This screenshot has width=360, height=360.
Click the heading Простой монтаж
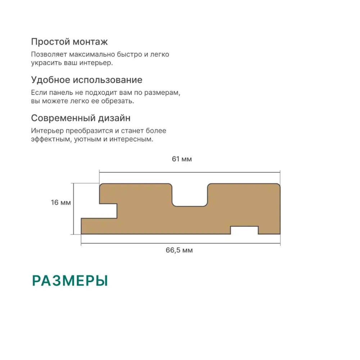[69, 42]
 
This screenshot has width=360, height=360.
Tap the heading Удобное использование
[87, 80]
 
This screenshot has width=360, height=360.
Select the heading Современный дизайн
[81, 118]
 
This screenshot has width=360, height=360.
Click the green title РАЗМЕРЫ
[70, 280]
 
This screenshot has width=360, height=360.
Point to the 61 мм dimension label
[182, 159]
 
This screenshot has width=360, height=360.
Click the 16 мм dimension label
[61, 202]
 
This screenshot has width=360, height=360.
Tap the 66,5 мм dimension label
[179, 250]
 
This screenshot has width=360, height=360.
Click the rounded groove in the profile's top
[190, 195]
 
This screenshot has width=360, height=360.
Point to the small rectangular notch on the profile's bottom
[244, 230]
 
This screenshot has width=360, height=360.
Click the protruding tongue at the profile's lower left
[99, 226]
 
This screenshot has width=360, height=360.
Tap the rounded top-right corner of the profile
[278, 186]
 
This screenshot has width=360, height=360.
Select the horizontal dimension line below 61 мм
[190, 172]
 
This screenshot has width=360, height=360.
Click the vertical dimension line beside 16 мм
[74, 209]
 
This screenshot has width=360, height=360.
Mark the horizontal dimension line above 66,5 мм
[181, 243]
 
